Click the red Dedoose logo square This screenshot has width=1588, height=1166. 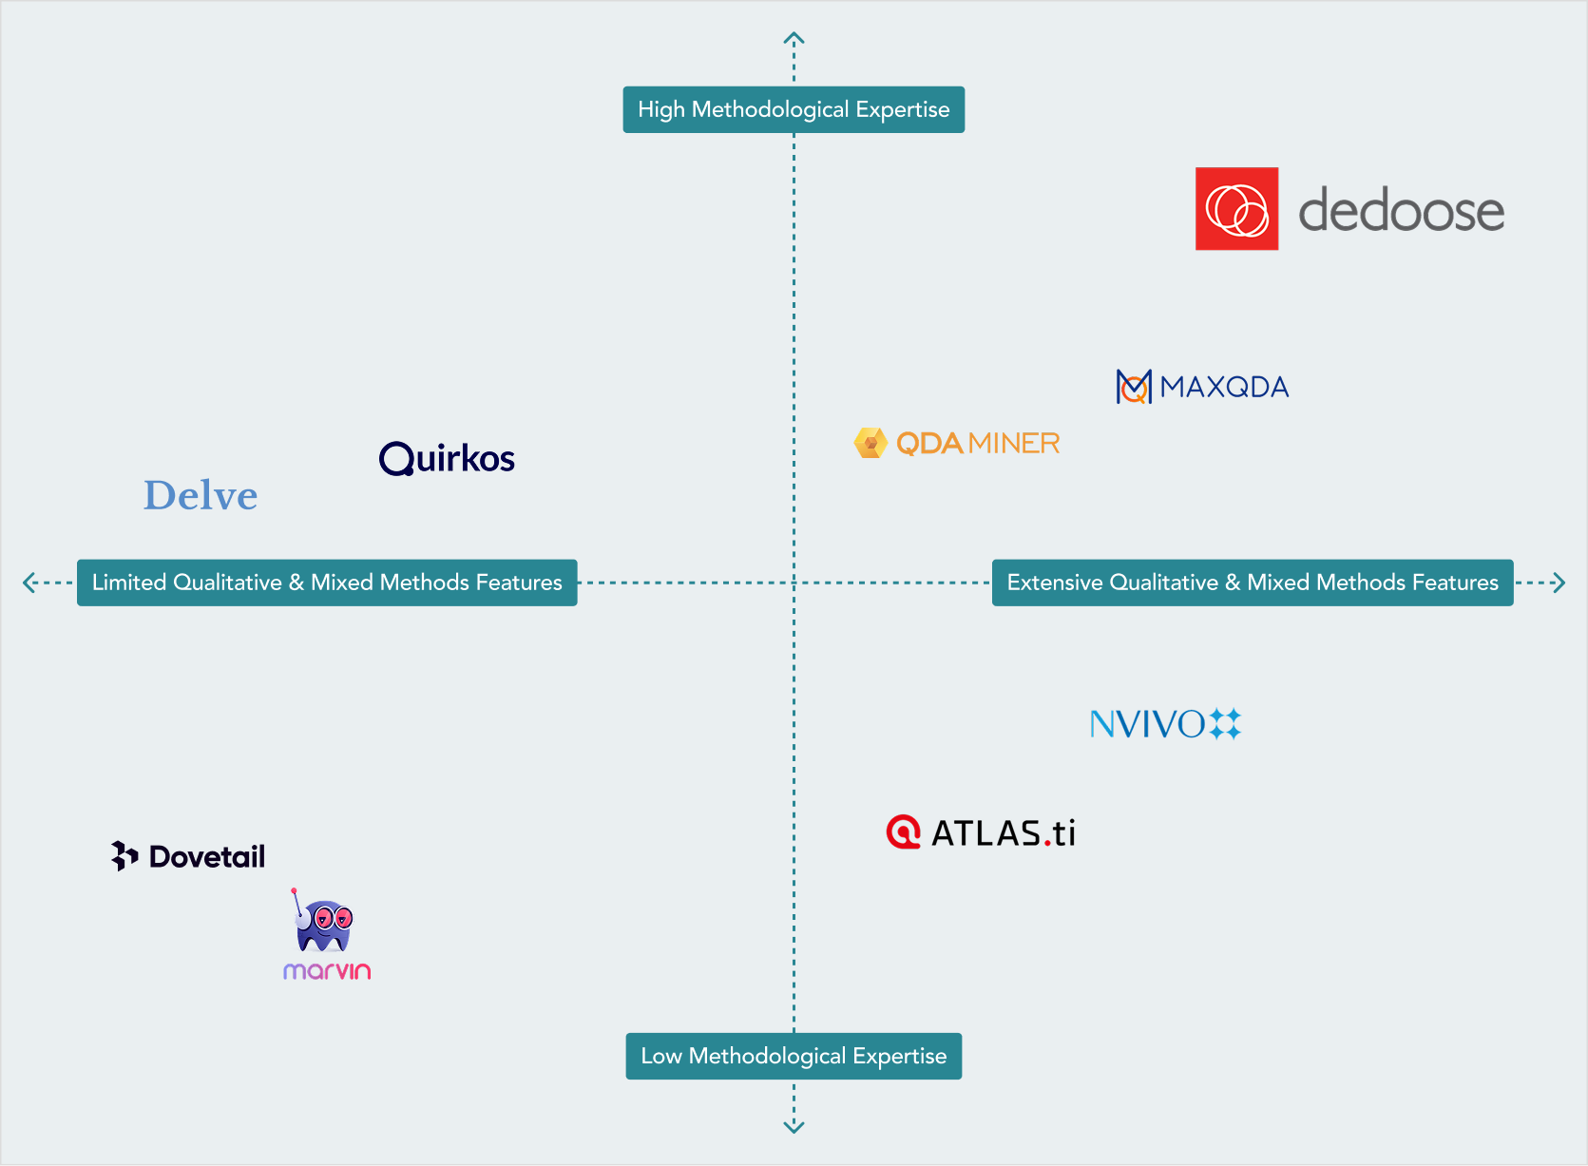pos(1236,209)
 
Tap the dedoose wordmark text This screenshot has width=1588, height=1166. pos(1401,210)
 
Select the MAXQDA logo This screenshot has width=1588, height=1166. pos(1202,387)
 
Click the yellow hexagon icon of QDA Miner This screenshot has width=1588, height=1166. pos(870,443)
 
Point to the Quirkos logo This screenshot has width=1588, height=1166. pos(447,458)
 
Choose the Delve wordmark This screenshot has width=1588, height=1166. pos(201,495)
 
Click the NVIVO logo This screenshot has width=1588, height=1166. pos(1165,724)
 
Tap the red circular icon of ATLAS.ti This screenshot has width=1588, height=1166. pos(903,831)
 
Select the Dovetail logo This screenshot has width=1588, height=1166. pos(188,856)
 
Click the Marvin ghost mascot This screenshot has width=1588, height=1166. pos(323,924)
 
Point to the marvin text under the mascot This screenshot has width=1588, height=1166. pos(327,971)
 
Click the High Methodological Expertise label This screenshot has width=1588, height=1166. pos(794,109)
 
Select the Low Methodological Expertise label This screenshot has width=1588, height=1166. pos(794,1056)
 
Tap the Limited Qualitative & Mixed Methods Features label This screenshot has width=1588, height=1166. pos(327,583)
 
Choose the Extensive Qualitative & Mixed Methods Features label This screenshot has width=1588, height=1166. pos(1253,583)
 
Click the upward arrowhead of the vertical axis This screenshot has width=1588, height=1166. pos(794,38)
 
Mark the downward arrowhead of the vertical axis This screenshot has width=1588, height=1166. pos(794,1127)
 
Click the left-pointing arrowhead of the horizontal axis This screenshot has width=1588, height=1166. pos(29,583)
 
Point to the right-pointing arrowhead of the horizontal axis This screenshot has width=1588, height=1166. pos(1559,583)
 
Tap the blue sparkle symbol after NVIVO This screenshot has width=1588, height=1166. pos(1225,724)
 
